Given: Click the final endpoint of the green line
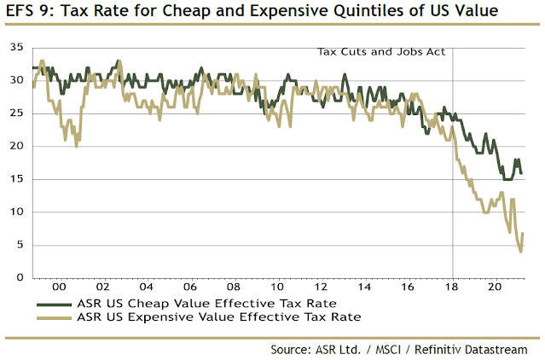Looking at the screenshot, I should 522,173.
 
